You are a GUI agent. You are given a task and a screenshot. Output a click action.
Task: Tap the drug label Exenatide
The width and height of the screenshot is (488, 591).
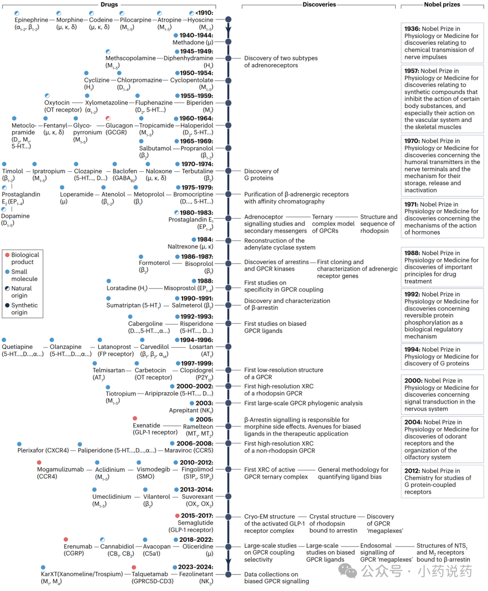point(146,426)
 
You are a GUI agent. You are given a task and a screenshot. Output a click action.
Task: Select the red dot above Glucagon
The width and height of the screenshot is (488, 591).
point(108,119)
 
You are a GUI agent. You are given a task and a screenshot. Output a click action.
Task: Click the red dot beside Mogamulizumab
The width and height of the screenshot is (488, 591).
point(39,463)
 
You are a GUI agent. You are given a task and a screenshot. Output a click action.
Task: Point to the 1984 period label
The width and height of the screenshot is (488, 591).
point(205,240)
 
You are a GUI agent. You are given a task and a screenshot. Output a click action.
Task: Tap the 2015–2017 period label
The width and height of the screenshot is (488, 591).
point(197,515)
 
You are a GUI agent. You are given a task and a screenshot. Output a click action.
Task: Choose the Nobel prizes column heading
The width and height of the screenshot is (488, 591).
point(443,4)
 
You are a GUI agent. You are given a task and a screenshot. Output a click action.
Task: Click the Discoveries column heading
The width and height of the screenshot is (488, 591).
point(319,4)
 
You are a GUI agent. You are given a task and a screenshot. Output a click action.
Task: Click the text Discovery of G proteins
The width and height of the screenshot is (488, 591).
point(261,175)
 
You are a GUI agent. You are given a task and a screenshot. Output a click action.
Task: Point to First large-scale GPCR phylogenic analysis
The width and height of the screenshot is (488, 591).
point(303,403)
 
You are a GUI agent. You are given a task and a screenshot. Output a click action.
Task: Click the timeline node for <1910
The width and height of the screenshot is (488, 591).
point(228,20)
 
